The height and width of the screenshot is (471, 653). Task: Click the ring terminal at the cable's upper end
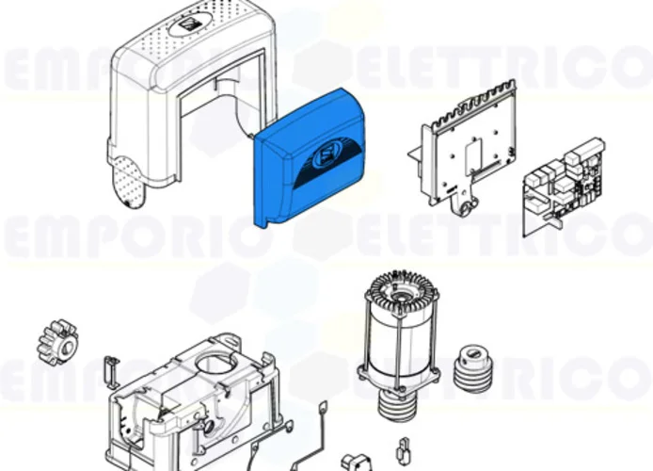(x=323, y=407)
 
